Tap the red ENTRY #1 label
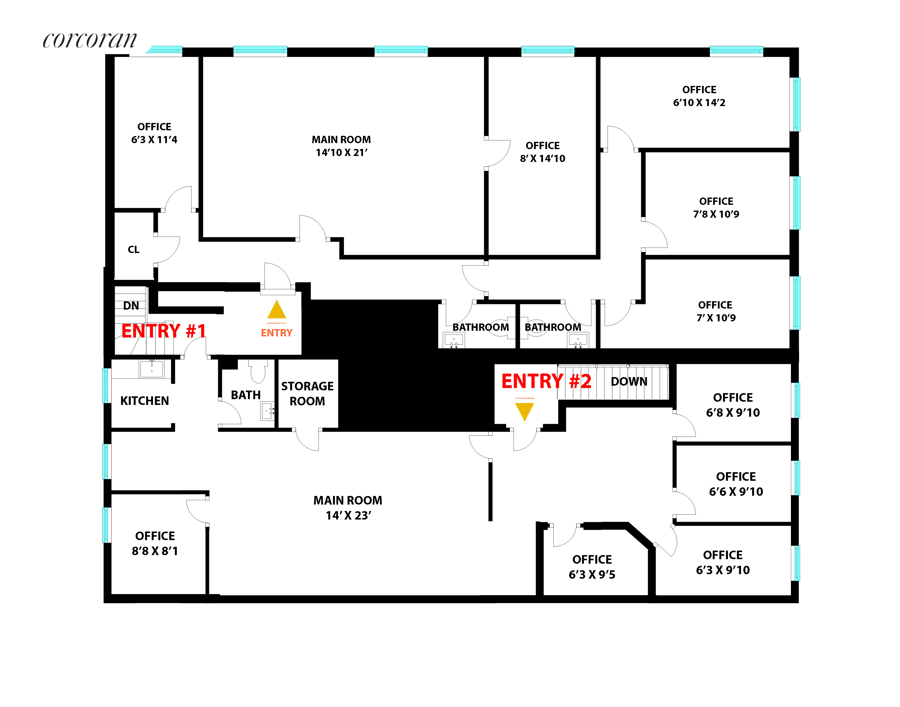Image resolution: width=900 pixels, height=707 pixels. pos(163,331)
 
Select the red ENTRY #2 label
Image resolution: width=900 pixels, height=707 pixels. pos(546,381)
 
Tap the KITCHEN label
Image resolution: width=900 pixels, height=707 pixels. pos(144,401)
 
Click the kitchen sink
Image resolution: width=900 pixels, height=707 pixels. pos(152,368)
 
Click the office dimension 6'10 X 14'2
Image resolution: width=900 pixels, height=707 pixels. pos(699,103)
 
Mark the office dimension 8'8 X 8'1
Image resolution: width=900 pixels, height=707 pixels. pos(155,551)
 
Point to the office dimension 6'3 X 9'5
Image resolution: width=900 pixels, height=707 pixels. pos(592,575)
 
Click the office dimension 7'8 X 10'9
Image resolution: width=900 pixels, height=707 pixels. pos(716,214)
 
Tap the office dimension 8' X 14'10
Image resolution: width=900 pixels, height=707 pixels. pos(542,159)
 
